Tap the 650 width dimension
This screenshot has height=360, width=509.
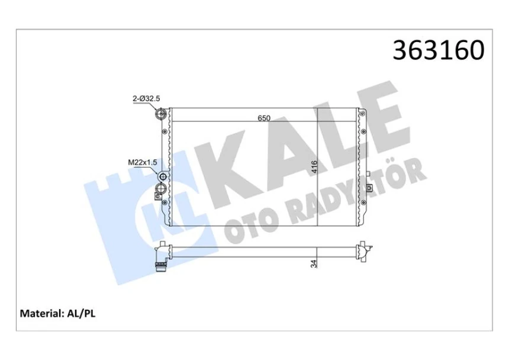(x=264, y=118)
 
